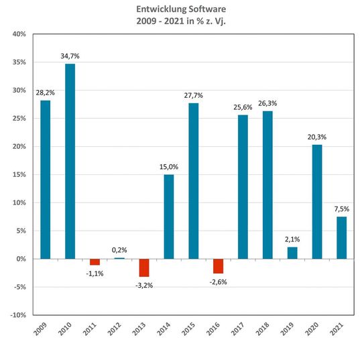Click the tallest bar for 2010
click(x=70, y=161)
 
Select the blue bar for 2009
click(x=45, y=179)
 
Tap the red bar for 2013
click(x=143, y=267)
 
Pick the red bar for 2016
click(x=218, y=265)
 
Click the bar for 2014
click(x=168, y=217)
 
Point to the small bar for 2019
click(x=292, y=253)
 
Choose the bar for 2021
click(x=341, y=237)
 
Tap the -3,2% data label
click(x=144, y=286)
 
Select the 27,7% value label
click(x=193, y=97)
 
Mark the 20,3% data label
click(x=316, y=138)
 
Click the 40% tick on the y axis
click(x=18, y=34)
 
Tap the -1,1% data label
click(x=95, y=274)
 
